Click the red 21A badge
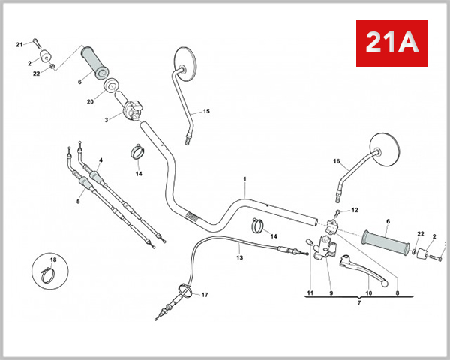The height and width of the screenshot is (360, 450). [392, 43]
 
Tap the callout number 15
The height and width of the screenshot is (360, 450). [206, 111]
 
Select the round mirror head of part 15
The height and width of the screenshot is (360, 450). [185, 64]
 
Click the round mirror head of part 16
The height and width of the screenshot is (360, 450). [385, 150]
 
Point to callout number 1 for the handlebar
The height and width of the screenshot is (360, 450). [244, 179]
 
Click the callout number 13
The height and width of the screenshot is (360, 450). [240, 257]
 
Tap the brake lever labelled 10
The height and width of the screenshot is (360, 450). [363, 269]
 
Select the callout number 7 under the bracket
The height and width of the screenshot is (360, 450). [359, 302]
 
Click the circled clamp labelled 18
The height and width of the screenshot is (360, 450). [49, 271]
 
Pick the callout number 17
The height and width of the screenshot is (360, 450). [205, 295]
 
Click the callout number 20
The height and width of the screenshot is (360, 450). [91, 102]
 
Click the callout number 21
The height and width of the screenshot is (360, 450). [19, 45]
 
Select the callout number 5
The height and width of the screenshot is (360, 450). [78, 202]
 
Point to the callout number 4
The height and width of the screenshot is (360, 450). [100, 160]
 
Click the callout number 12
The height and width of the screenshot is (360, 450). [355, 210]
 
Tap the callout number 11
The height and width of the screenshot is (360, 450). [310, 292]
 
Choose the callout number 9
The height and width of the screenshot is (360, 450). [331, 293]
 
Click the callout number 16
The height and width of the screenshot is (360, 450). [336, 161]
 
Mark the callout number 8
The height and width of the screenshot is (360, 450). [397, 293]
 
